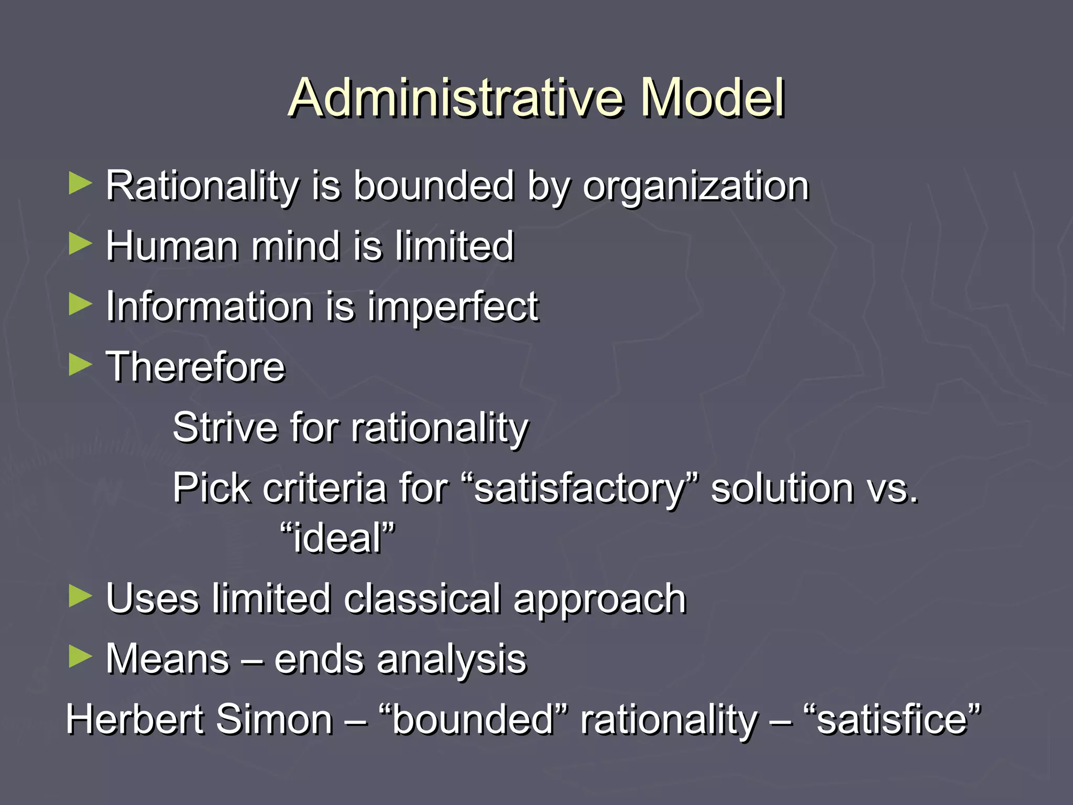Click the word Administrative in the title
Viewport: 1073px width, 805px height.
click(455, 98)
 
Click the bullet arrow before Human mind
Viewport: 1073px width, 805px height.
click(80, 244)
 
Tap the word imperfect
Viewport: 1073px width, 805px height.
click(453, 307)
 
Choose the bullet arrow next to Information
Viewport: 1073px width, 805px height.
click(80, 304)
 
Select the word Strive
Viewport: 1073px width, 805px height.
click(225, 427)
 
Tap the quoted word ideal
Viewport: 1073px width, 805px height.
click(337, 538)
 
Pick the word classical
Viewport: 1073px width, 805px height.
click(422, 599)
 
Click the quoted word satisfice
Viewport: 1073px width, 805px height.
click(891, 720)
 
